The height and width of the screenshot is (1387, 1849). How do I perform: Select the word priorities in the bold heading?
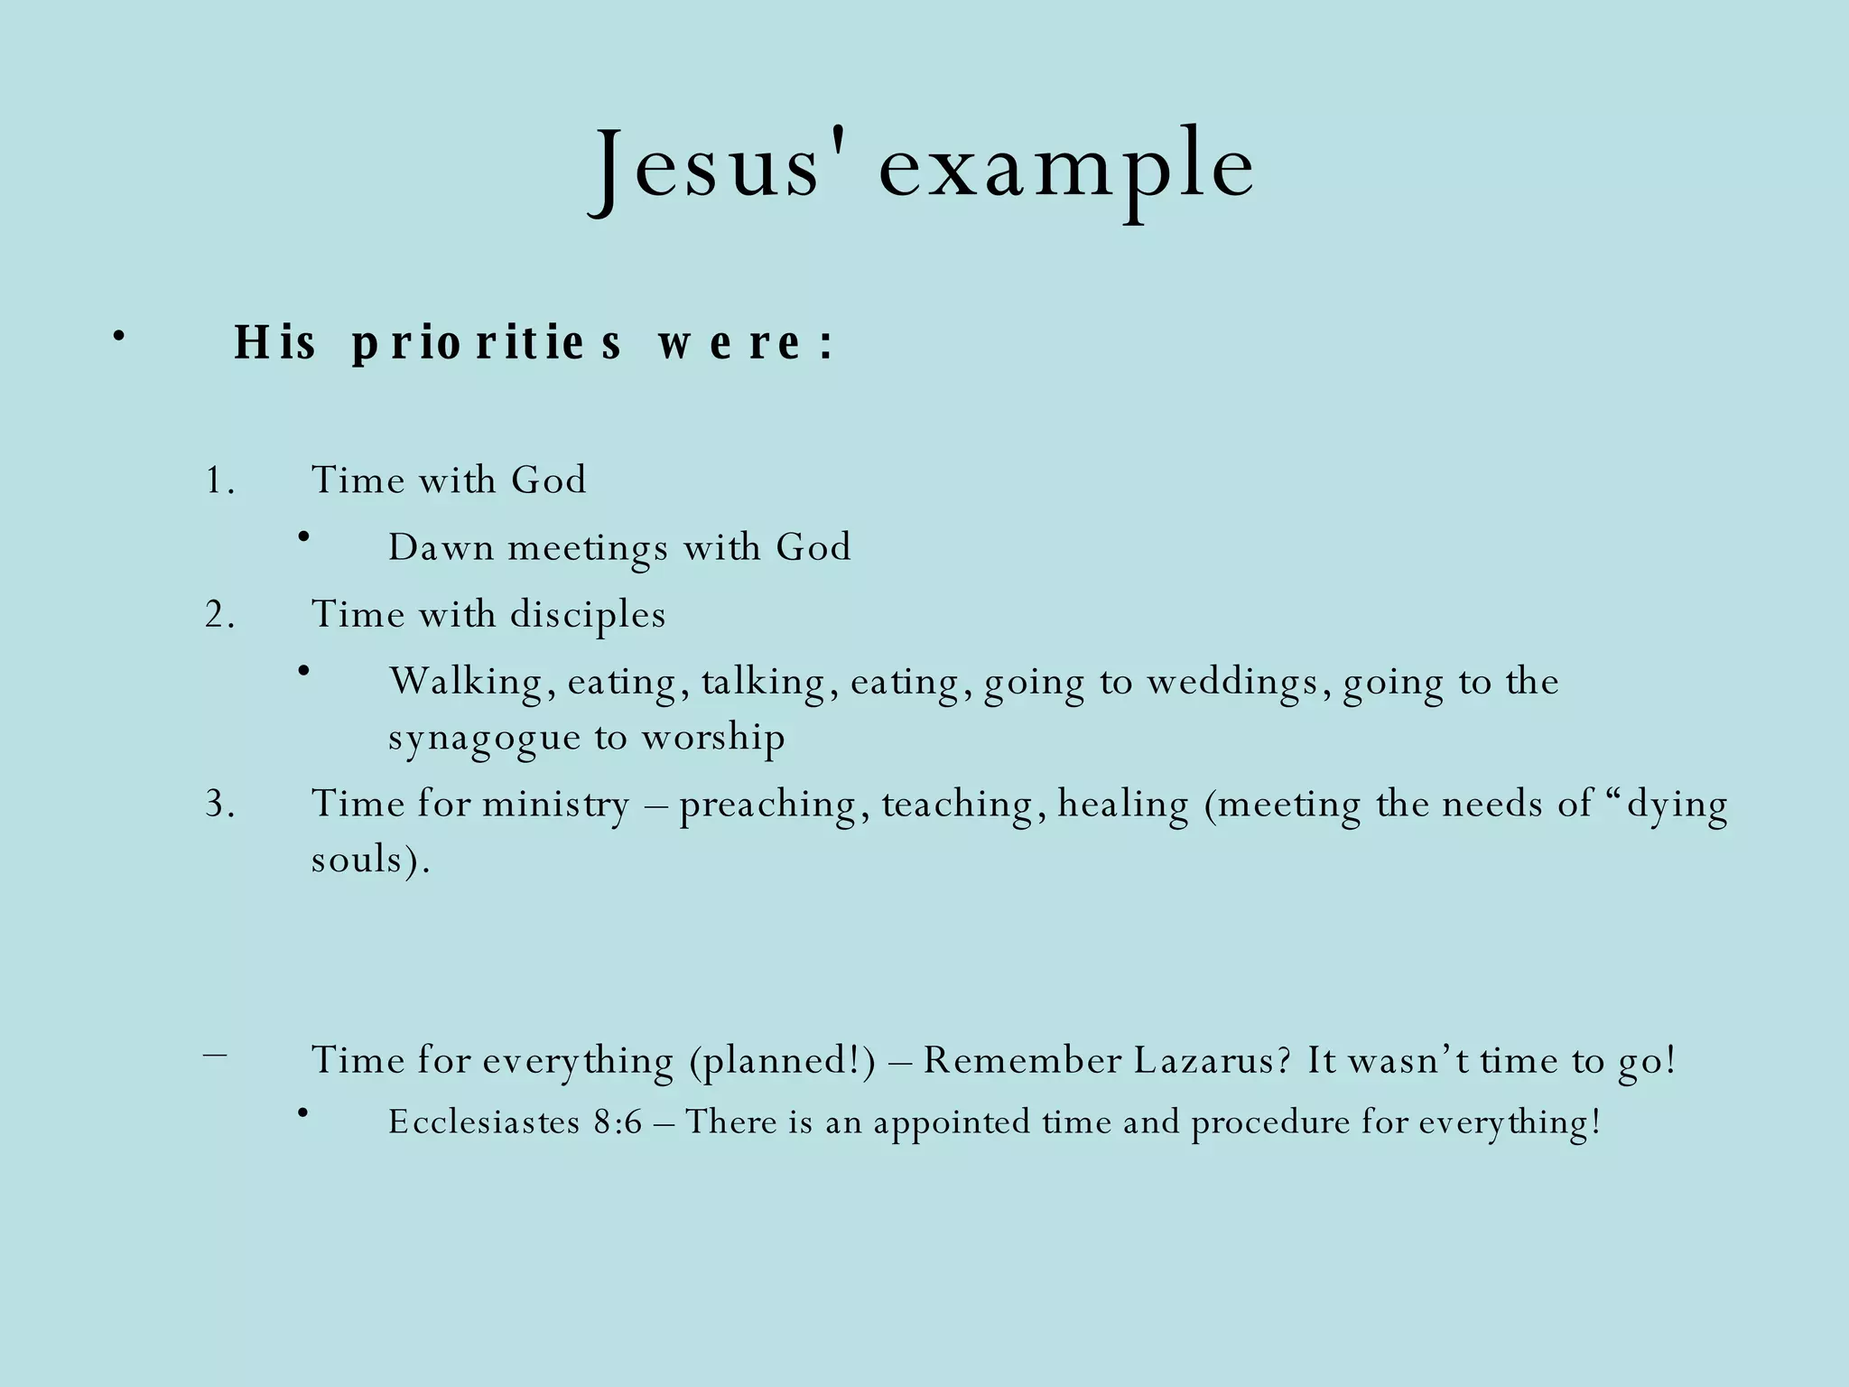pyautogui.click(x=487, y=343)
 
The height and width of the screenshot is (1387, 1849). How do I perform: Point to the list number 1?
pyautogui.click(x=219, y=480)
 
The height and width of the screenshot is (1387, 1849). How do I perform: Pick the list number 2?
pyautogui.click(x=219, y=615)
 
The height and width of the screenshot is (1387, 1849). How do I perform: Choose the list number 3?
pyautogui.click(x=219, y=804)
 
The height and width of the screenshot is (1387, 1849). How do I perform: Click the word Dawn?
pyautogui.click(x=441, y=547)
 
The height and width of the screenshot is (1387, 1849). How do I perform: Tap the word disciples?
pyautogui.click(x=588, y=616)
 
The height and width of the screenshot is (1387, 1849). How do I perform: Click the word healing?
pyautogui.click(x=1123, y=805)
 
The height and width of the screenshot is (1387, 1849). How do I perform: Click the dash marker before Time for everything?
pyautogui.click(x=216, y=1053)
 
